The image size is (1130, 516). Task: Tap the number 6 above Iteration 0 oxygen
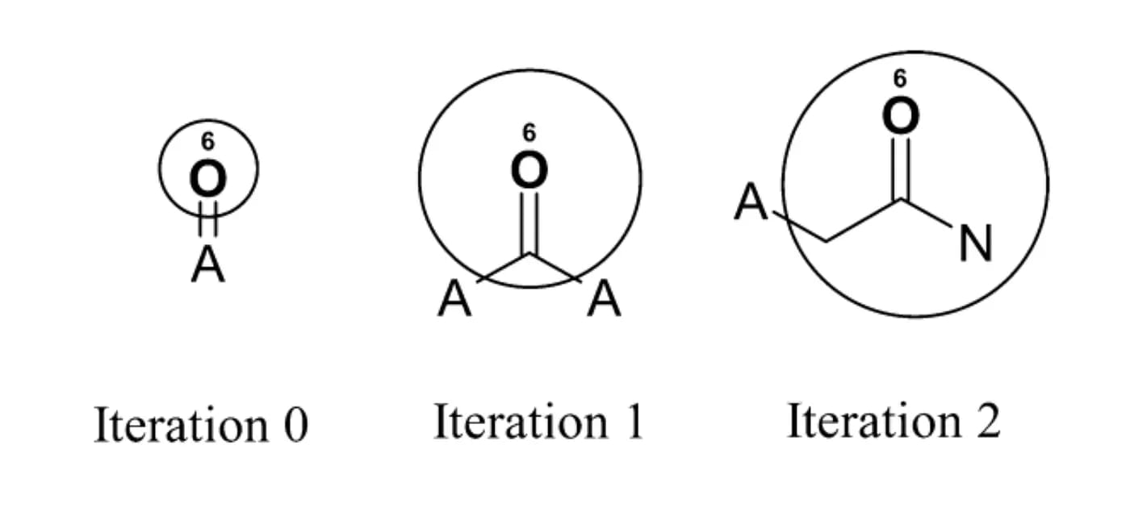[208, 142]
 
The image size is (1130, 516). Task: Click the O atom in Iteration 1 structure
[529, 170]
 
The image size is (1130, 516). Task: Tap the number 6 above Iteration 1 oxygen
[529, 132]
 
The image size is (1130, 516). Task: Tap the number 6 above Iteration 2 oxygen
[900, 78]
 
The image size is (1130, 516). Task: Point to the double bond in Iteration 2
[900, 168]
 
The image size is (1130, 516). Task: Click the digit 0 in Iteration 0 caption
[295, 426]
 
